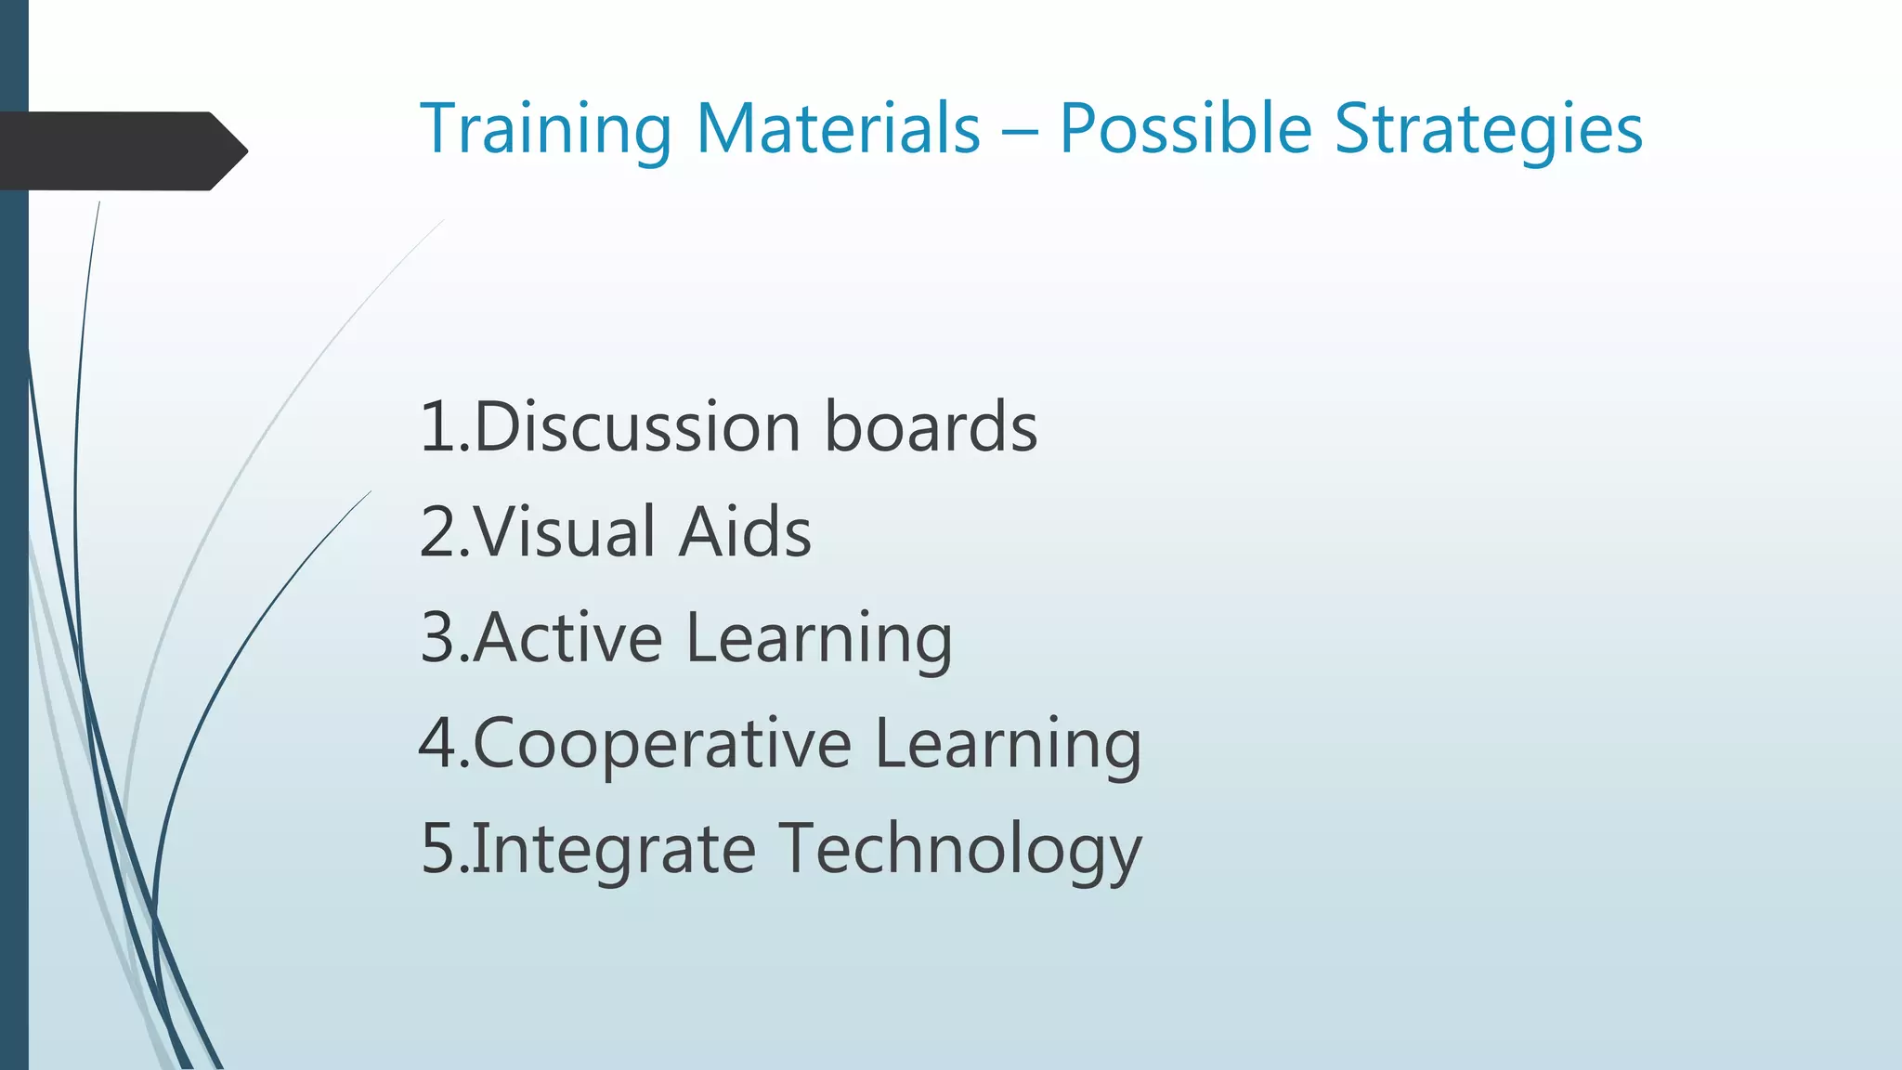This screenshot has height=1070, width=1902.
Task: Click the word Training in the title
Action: click(x=545, y=129)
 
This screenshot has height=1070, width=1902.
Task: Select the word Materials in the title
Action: click(x=838, y=129)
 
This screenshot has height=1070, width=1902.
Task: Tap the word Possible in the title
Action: click(x=1185, y=129)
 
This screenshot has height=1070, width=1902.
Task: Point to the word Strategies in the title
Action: click(x=1489, y=129)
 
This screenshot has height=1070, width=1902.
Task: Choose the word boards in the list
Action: click(x=931, y=427)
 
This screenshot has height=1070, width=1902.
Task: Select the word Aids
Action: click(x=745, y=532)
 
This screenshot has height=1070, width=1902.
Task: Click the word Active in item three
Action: click(x=567, y=638)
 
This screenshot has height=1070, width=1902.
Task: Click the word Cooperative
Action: click(x=662, y=745)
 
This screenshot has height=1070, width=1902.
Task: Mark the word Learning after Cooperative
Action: click(x=1008, y=745)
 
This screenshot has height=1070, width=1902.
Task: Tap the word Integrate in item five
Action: click(x=614, y=850)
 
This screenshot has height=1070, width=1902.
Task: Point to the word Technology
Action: click(x=960, y=850)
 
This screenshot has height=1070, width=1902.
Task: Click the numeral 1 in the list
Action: click(x=437, y=427)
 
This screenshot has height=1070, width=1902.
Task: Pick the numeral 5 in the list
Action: click(x=437, y=849)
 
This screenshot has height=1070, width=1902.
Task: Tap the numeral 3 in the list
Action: click(x=437, y=638)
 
